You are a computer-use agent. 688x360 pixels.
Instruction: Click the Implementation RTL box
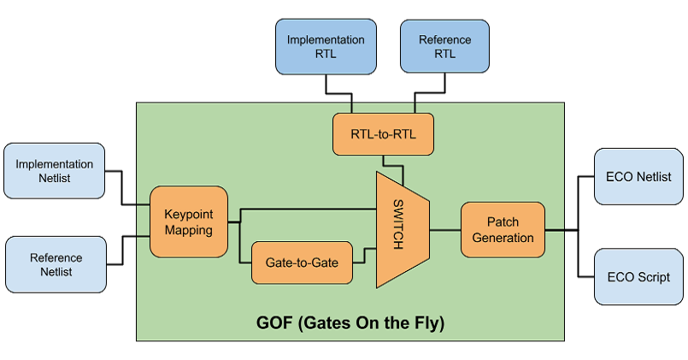(326, 46)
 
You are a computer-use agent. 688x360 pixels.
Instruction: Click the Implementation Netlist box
(54, 171)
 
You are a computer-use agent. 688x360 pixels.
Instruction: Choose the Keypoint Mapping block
(188, 221)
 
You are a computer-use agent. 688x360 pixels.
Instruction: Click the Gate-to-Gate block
(302, 263)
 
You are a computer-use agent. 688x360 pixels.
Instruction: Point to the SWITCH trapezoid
(401, 229)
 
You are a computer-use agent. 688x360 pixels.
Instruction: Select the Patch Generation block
(503, 229)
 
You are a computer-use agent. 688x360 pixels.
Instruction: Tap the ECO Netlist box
(638, 177)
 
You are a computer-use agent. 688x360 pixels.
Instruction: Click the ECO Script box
(638, 277)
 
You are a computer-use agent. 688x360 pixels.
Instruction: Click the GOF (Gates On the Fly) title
(350, 324)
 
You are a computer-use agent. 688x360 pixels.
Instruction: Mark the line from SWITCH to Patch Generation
(444, 229)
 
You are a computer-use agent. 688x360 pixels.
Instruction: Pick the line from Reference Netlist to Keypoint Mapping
(125, 248)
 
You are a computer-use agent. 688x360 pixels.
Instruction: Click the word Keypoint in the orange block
(188, 214)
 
